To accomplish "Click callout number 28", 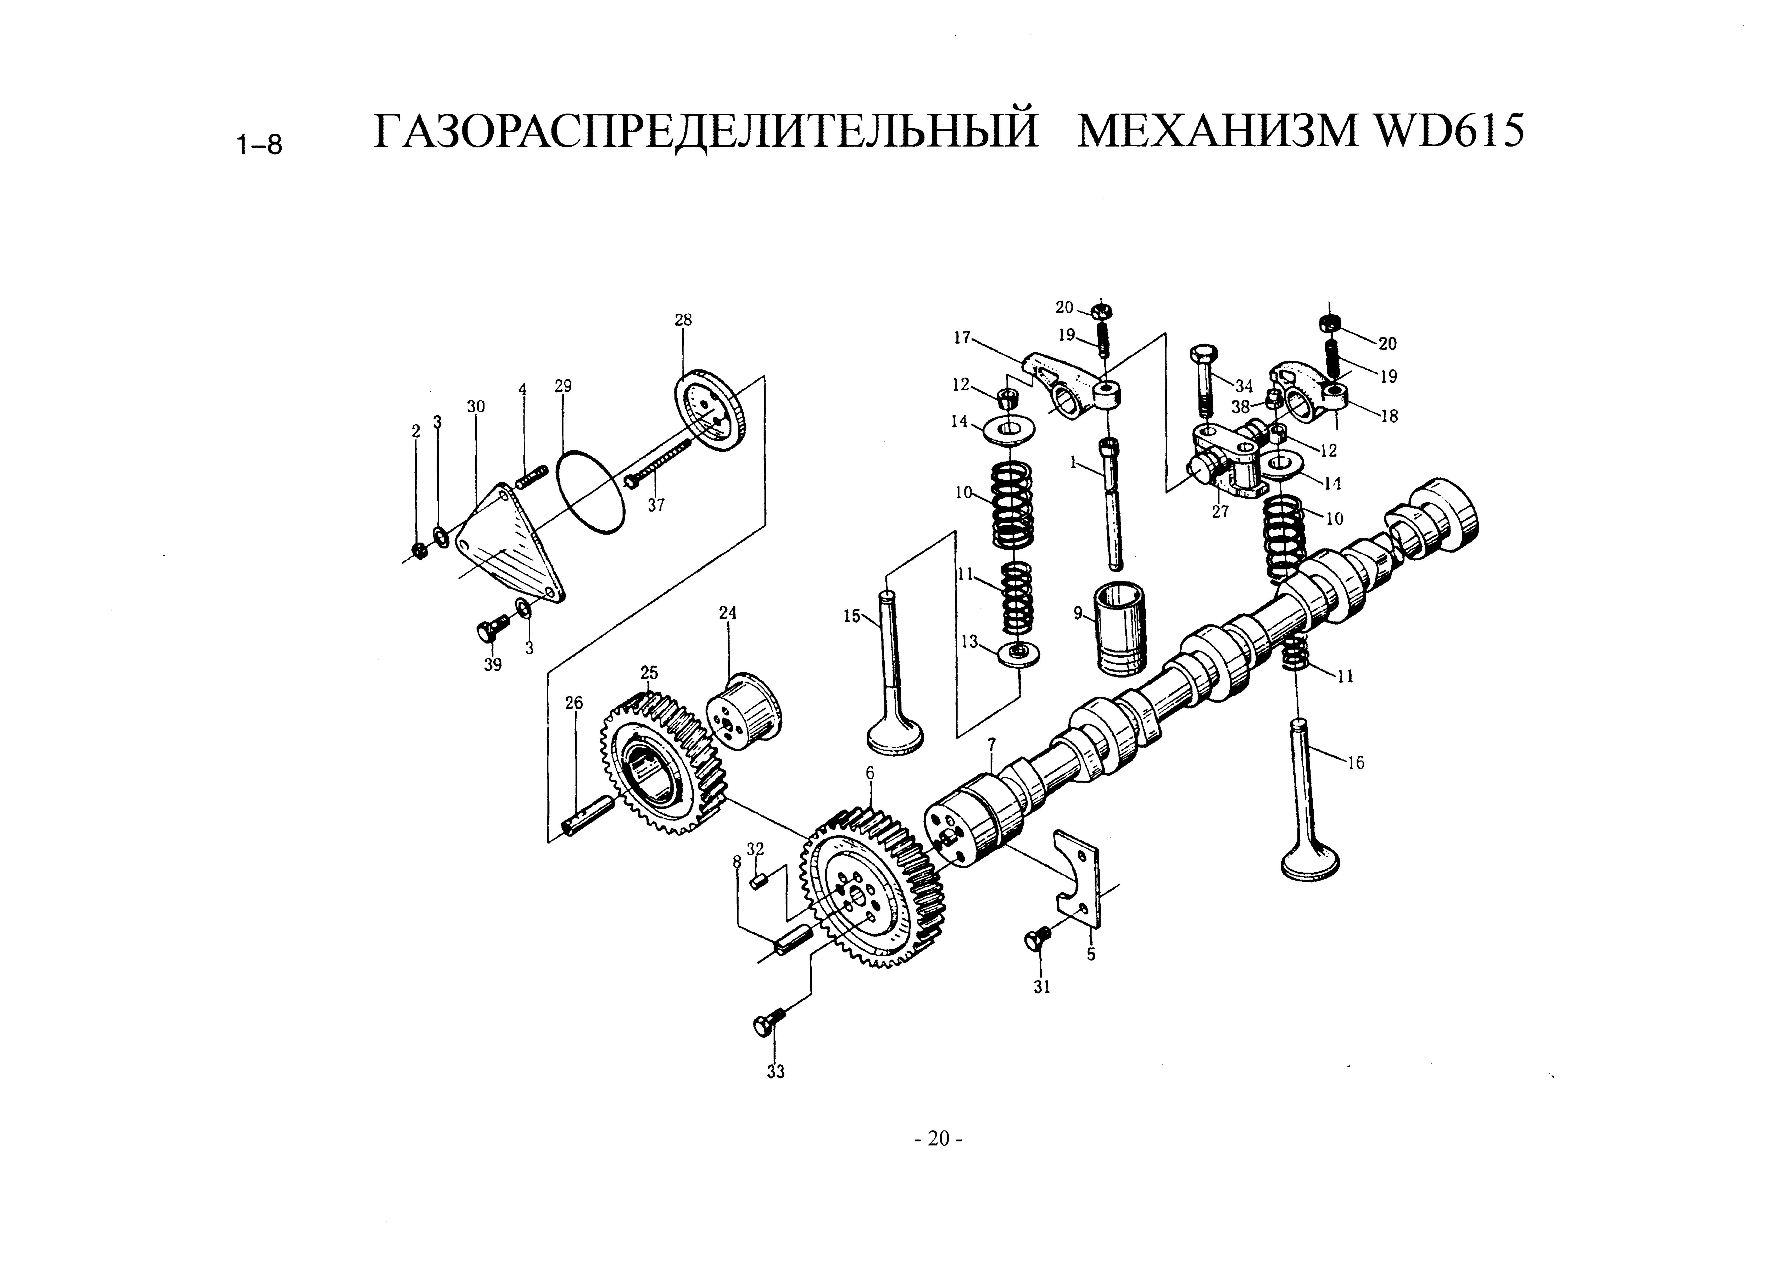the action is [x=683, y=320].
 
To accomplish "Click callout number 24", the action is [x=728, y=613].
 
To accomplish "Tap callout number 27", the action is [x=1220, y=512].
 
